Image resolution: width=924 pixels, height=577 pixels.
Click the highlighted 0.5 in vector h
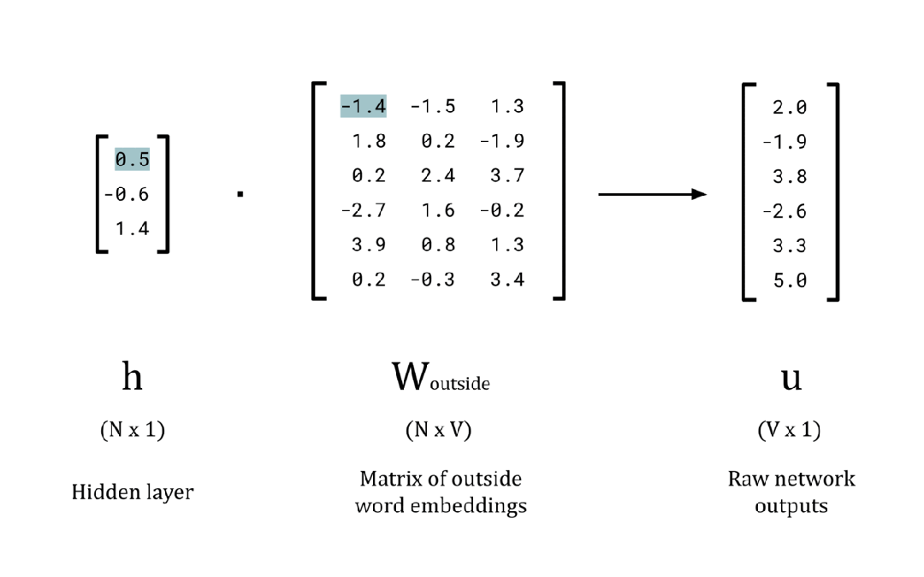(132, 159)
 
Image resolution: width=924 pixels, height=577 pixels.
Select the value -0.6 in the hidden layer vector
(127, 194)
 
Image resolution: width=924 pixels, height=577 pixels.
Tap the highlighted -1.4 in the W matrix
(363, 106)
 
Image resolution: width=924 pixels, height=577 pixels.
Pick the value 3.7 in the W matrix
(506, 175)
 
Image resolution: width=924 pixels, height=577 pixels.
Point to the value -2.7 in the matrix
(363, 210)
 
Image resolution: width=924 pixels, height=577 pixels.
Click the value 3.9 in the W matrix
(368, 244)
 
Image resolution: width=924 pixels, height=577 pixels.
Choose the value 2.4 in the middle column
(437, 175)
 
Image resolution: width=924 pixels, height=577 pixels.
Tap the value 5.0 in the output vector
(789, 280)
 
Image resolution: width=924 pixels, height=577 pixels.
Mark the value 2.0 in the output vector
(789, 107)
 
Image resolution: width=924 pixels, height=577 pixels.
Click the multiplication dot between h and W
(240, 195)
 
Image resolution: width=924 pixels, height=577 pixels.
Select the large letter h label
(132, 375)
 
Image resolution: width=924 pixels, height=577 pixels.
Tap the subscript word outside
(459, 384)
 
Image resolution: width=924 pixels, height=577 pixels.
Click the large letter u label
(791, 377)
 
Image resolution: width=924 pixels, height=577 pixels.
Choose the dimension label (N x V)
(438, 431)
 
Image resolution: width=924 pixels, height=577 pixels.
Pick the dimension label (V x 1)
(790, 431)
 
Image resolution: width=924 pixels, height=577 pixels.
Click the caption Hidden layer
(132, 492)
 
